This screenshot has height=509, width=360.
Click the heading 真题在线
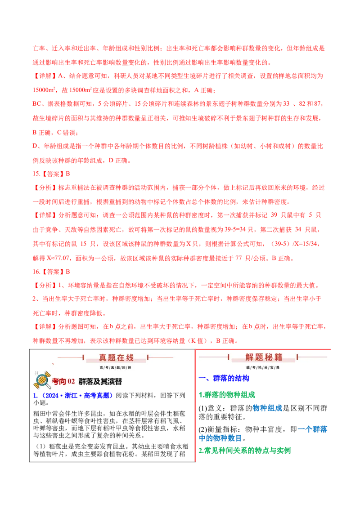(116, 358)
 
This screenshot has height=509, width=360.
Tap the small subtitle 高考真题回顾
(116, 367)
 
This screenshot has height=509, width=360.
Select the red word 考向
(58, 382)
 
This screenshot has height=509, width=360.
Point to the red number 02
(71, 382)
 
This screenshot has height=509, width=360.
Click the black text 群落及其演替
(100, 382)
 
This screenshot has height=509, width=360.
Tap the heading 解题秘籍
(264, 357)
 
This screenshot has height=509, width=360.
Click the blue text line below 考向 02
(73, 396)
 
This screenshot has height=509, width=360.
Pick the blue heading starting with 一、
(224, 379)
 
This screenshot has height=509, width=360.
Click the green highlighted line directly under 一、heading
(227, 394)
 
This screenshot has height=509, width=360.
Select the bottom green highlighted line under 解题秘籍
(245, 451)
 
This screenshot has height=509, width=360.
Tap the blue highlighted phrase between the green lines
(267, 408)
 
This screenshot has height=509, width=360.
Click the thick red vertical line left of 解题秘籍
(196, 405)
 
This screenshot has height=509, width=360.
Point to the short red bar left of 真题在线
(83, 358)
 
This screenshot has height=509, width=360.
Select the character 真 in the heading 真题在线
(103, 358)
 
